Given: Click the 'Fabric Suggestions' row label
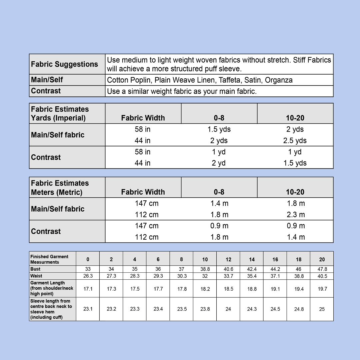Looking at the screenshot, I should click(x=64, y=64).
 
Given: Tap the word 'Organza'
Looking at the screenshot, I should click(x=279, y=80).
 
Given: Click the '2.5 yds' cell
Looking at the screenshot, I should click(x=295, y=141).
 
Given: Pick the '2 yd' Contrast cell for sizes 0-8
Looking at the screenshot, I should click(x=219, y=163).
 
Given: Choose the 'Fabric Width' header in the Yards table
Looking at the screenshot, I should click(x=143, y=118).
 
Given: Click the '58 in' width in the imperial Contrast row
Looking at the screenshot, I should click(x=143, y=152).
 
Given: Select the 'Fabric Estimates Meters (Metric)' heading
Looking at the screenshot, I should click(x=60, y=188).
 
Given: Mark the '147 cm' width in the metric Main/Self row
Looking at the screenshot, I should click(x=147, y=203).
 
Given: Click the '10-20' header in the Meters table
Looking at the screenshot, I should click(x=295, y=192).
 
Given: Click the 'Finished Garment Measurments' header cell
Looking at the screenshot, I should click(x=49, y=259).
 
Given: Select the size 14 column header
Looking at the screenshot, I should click(x=252, y=259).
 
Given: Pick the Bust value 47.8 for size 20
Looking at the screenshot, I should click(x=322, y=269).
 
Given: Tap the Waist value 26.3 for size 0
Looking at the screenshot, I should click(x=88, y=276).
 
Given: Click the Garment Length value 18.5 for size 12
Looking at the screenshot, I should click(x=228, y=289).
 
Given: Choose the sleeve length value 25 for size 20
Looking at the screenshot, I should click(x=322, y=309).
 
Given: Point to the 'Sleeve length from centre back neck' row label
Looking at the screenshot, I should click(x=51, y=309).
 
